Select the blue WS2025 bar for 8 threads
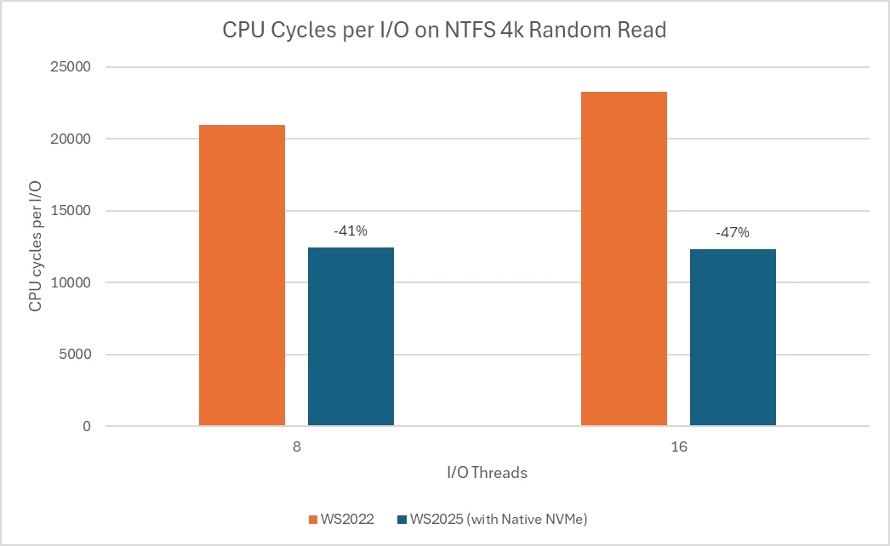point(351,336)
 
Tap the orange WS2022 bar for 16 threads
point(624,259)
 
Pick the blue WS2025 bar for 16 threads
point(733,337)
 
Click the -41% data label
point(350,230)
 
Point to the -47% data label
point(732,232)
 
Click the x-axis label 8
point(296,446)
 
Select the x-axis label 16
point(678,446)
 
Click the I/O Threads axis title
point(488,473)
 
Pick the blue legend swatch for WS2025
point(402,519)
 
